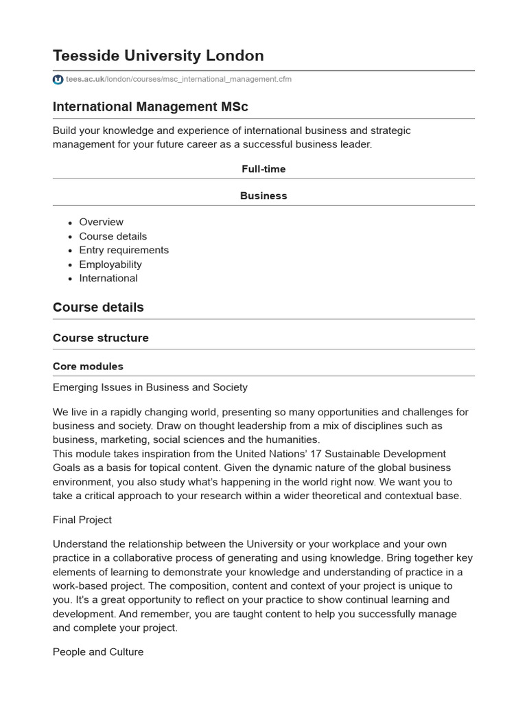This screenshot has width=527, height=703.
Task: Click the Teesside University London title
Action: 158,56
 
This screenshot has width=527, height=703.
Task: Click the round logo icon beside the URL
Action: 58,80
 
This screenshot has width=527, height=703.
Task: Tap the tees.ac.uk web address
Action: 178,80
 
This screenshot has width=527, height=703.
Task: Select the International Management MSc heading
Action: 150,106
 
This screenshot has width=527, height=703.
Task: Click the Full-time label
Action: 263,169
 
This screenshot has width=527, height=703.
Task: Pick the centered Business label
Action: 263,196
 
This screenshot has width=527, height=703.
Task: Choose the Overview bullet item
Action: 102,222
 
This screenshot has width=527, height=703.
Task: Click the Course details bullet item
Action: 113,236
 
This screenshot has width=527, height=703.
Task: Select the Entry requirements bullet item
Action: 124,251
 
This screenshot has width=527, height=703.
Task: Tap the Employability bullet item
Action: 110,264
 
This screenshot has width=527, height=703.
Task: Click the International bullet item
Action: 108,278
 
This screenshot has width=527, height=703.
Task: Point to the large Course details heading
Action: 98,308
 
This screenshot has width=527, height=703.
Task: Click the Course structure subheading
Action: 100,338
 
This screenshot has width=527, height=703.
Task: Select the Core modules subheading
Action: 88,367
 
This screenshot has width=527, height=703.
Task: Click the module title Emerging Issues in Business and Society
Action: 150,387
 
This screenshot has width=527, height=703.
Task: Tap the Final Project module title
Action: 82,520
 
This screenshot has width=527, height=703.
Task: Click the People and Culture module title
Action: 98,652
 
